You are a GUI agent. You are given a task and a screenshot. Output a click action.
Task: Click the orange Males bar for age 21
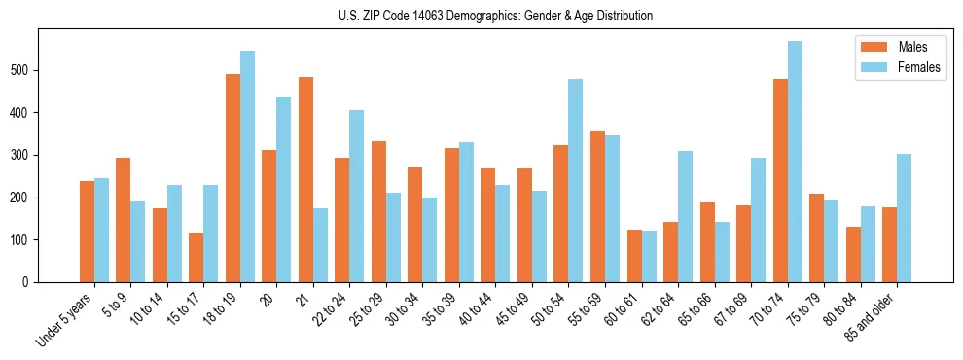click(305, 180)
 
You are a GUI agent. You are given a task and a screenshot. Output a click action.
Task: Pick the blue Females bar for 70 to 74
click(795, 162)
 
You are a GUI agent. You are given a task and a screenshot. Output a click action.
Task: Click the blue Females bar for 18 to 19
click(247, 166)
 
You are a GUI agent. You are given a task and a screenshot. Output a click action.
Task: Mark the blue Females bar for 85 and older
click(905, 218)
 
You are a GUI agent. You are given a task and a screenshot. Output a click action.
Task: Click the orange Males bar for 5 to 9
click(124, 220)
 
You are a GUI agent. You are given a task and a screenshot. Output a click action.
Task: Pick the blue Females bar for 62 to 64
click(686, 216)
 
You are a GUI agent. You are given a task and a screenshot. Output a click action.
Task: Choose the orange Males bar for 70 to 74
click(780, 181)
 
